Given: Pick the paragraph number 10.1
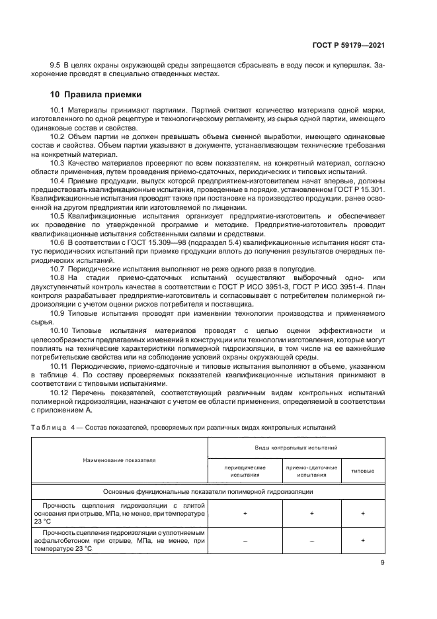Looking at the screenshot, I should (57, 109).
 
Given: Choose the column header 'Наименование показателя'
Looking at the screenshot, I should (120, 460).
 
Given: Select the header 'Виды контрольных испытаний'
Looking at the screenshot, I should (296, 448).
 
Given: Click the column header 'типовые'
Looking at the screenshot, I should (362, 471).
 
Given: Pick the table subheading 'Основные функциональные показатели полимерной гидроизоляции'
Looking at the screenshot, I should (208, 492).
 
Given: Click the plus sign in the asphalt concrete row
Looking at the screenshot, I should (362, 541).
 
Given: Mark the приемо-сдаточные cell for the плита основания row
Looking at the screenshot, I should (311, 513).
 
